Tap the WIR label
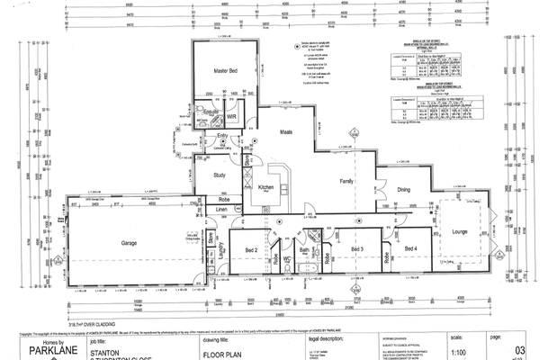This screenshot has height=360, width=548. point(231,116)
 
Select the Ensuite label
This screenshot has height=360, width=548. point(211,111)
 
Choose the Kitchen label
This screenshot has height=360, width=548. point(266,187)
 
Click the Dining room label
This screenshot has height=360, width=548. point(404,189)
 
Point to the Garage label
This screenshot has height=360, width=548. point(135,243)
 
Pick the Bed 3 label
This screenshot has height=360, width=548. point(356,248)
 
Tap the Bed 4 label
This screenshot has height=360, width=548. point(410,248)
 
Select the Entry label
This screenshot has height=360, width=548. point(222,136)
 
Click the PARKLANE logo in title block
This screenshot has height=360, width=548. point(43,350)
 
